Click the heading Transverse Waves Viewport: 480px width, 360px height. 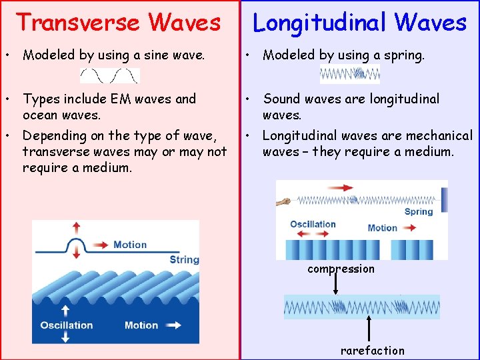tap(118, 22)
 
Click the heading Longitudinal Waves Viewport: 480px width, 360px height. tap(359, 22)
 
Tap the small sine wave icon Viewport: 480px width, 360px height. tap(110, 75)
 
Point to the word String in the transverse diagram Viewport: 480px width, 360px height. tap(184, 259)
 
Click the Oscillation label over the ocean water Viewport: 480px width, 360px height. tap(67, 325)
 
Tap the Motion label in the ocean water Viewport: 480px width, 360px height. tap(141, 325)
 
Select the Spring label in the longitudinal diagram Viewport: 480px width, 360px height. tap(419, 212)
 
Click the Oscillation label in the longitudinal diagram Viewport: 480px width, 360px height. tap(313, 224)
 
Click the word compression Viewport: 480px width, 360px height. tap(341, 269)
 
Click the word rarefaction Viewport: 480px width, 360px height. tap(372, 351)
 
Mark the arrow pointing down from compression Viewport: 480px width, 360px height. tap(335, 284)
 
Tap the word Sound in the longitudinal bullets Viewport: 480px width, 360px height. tap(282, 99)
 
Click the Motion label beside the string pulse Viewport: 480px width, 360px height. tap(130, 245)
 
